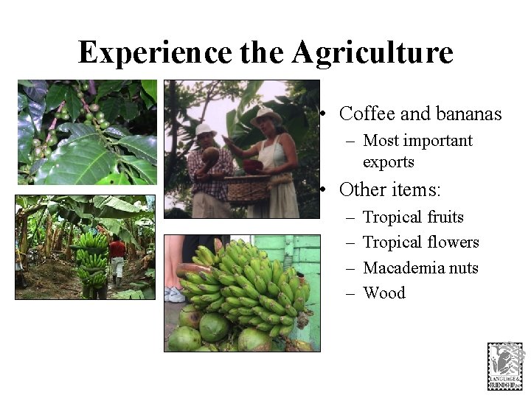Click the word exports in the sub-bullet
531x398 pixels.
[x=389, y=161]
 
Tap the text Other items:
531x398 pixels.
[x=389, y=189]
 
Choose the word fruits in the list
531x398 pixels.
[x=440, y=217]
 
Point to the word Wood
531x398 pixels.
[x=384, y=293]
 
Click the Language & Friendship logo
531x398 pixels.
[x=504, y=366]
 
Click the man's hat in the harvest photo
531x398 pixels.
[x=205, y=130]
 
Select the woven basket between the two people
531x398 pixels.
[x=246, y=189]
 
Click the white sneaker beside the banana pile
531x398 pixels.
[x=176, y=295]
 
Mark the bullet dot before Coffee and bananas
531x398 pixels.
[x=324, y=115]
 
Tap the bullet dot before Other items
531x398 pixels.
[x=324, y=190]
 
